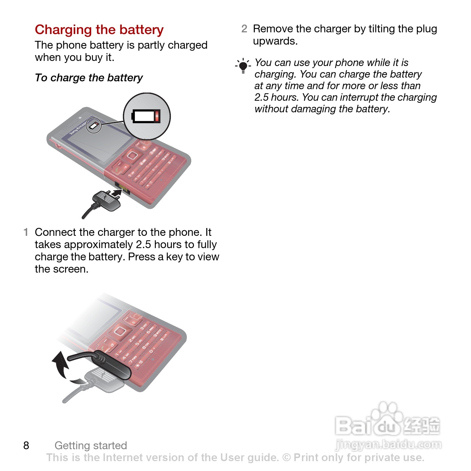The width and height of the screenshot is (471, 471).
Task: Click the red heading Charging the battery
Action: [x=99, y=30]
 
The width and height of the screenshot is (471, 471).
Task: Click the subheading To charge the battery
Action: [x=89, y=78]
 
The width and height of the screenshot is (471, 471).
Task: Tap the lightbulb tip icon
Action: [x=243, y=66]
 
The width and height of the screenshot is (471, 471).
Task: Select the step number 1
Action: [x=26, y=232]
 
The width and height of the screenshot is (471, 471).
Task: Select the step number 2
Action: [x=244, y=29]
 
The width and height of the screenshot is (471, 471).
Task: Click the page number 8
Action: [x=26, y=445]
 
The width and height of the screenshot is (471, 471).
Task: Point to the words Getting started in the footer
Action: [x=91, y=445]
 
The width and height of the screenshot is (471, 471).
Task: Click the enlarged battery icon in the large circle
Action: [x=146, y=116]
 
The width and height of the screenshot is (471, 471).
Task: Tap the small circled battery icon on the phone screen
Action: [x=94, y=126]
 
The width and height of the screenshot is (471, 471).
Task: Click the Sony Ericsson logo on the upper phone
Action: [x=78, y=128]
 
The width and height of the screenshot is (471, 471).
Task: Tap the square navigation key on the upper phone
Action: [x=132, y=155]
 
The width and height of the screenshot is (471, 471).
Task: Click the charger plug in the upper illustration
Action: [x=106, y=200]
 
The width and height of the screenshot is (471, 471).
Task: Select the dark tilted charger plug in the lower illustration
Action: [x=111, y=365]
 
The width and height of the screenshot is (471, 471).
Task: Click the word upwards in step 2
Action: [x=275, y=41]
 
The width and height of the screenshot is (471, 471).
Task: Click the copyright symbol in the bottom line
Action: [x=287, y=457]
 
